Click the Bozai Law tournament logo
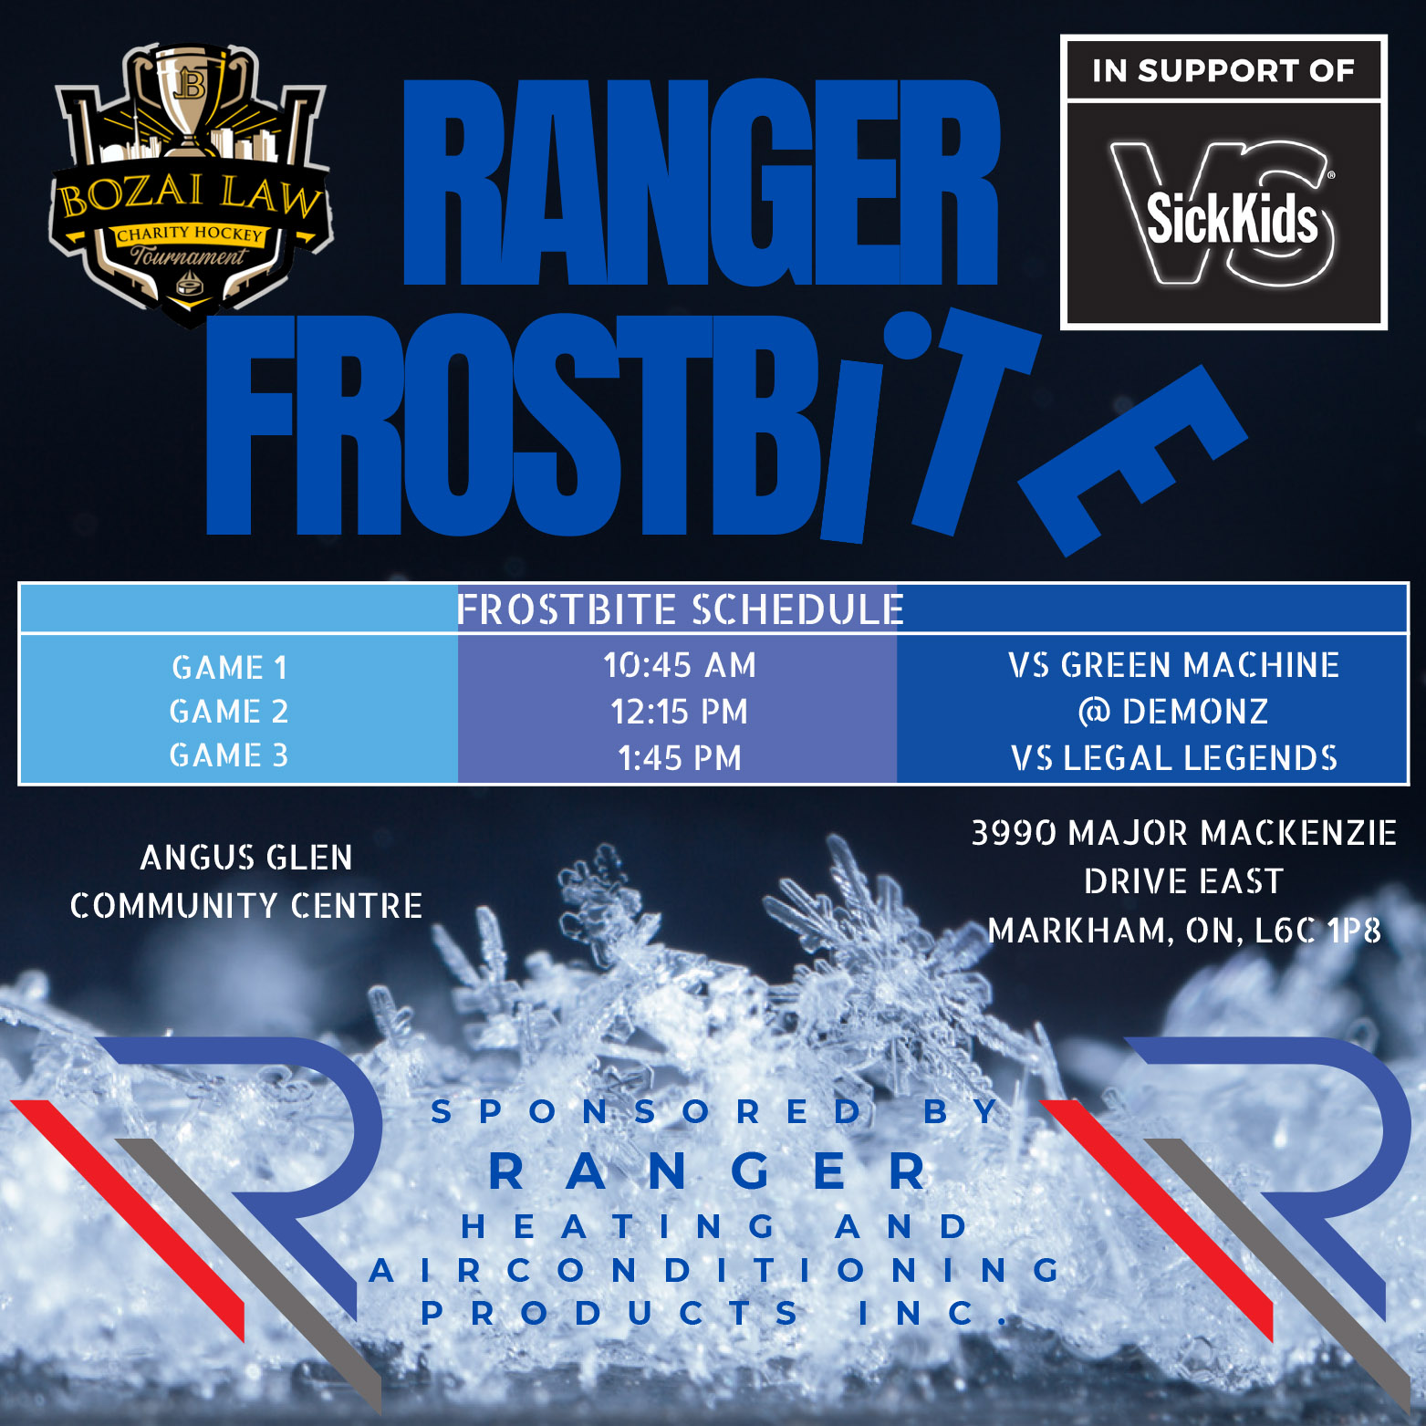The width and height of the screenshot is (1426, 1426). (190, 182)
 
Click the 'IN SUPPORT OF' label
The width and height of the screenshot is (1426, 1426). (1223, 71)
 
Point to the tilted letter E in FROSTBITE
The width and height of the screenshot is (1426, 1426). (1131, 460)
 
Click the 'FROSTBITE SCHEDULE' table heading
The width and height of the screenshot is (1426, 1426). (681, 609)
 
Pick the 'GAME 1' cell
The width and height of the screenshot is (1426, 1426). (229, 668)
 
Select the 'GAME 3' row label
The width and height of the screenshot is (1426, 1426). (229, 755)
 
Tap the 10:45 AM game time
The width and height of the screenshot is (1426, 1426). (680, 665)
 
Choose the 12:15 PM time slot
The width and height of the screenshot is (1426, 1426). (680, 712)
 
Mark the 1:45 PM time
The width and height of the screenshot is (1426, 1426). (680, 758)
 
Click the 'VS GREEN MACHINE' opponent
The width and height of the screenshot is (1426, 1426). (1174, 665)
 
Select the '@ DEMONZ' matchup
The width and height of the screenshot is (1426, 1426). (1174, 712)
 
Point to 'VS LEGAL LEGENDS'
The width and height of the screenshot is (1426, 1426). (1174, 758)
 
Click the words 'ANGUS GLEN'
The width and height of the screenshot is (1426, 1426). (246, 858)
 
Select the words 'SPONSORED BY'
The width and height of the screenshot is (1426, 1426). (717, 1111)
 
